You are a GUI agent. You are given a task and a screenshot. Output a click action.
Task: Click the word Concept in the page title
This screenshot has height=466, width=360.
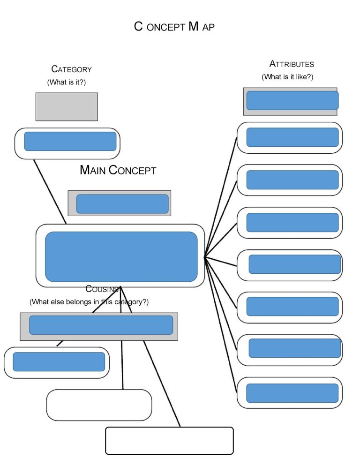coord(160,26)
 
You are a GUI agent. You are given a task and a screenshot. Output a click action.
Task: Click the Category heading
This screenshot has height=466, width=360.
coord(71,69)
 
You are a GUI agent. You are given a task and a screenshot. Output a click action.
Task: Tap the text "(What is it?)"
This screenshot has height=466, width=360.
coord(66,82)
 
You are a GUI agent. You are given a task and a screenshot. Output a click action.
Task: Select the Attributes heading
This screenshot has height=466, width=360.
coord(292,64)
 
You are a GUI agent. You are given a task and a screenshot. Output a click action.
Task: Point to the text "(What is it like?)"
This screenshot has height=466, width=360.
coord(287,77)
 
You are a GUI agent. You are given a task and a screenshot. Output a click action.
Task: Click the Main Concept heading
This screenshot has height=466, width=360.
coord(118,170)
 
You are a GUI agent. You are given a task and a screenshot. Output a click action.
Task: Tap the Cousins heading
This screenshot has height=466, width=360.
coord(102,289)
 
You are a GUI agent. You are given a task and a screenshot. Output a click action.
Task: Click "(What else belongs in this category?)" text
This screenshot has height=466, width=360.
coord(89,301)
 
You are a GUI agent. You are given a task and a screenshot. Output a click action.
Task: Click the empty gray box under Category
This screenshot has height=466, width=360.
coord(67,107)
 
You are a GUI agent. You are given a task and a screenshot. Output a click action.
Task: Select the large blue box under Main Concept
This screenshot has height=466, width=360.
coord(121,257)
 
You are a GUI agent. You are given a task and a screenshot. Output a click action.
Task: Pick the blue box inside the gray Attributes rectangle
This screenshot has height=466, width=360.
coord(292,100)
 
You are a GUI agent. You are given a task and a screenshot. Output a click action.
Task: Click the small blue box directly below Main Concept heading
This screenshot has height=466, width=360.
coord(122,204)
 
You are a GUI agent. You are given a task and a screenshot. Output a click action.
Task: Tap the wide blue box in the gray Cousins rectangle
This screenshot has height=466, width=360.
coord(101,325)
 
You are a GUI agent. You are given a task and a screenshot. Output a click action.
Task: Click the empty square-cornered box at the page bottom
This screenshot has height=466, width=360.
coord(169,441)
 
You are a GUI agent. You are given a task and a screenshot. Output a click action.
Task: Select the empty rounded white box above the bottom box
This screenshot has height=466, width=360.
coord(99,405)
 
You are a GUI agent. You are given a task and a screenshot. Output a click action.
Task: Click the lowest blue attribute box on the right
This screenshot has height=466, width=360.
coord(292,393)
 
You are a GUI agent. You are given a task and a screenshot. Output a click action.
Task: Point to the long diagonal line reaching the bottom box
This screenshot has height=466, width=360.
coord(162,383)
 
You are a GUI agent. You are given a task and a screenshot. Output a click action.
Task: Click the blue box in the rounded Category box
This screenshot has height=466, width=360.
coord(70,142)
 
